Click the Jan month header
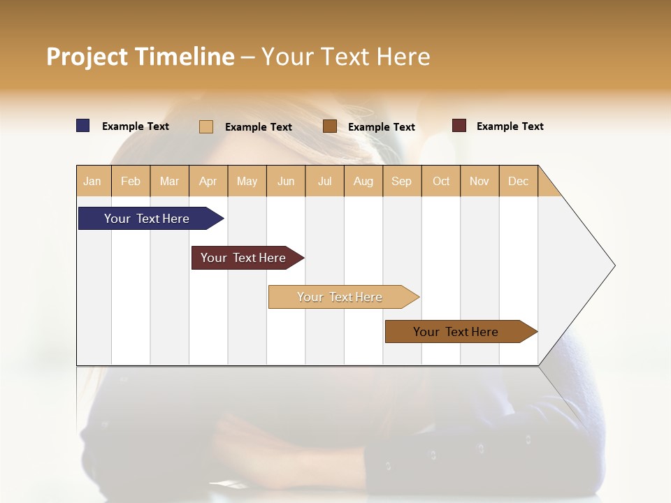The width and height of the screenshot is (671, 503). point(93,181)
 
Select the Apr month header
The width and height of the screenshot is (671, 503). point(208,181)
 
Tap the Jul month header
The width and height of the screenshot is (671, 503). point(324,181)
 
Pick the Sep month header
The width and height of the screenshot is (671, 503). point(402,181)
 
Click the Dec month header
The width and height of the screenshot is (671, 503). point(518,181)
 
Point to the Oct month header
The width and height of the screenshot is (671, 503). point(441,181)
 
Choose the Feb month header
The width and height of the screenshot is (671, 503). point(131,181)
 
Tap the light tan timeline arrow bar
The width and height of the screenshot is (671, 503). point(340,297)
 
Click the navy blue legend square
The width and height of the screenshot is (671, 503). point(83,126)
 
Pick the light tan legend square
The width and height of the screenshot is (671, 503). point(206,126)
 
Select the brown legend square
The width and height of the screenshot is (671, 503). point(330,126)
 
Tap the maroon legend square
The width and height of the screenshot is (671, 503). point(459,126)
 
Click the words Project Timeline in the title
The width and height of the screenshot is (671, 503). point(140,57)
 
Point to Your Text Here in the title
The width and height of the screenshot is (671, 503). point(345,57)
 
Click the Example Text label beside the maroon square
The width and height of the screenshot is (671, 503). point(510,126)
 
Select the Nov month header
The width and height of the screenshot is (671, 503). point(479,181)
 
